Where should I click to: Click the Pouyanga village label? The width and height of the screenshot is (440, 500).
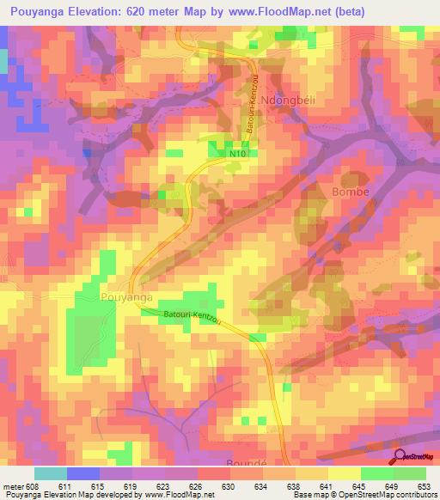127,296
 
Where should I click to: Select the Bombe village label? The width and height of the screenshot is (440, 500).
350,192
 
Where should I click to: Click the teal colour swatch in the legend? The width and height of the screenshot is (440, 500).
51,473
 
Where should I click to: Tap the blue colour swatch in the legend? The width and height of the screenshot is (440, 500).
83,473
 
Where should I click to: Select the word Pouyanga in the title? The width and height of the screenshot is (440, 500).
33,11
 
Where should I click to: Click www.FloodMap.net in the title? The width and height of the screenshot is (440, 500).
280,11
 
